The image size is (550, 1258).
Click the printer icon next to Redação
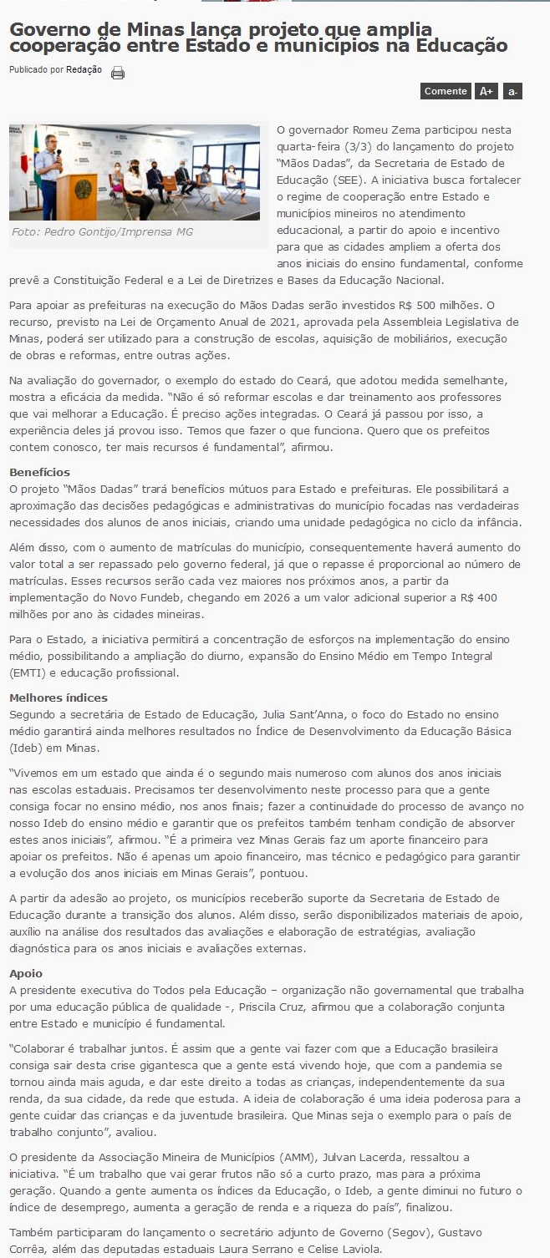118,73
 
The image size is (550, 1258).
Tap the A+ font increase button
486,91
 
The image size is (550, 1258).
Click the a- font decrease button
512,91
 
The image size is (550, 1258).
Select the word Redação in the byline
84,69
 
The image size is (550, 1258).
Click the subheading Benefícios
39,472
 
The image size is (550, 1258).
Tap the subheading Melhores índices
59,697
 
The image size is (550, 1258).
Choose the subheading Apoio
26,973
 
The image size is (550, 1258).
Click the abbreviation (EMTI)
32,672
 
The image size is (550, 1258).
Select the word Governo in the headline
49,29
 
